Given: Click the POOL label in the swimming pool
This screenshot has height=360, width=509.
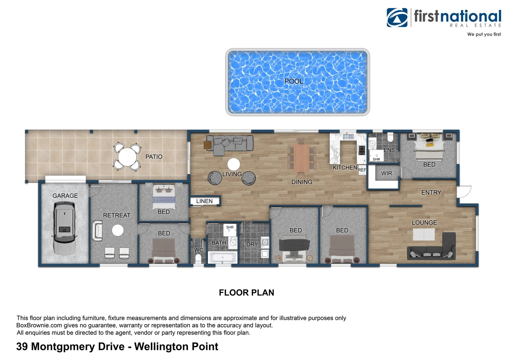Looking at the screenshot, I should [293, 81].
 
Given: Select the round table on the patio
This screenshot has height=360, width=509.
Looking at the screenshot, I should [127, 157].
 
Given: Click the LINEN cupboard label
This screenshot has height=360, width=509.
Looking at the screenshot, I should [204, 201].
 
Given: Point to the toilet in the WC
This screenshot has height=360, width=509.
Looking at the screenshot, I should [198, 259].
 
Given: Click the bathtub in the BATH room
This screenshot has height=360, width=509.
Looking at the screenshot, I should [223, 258].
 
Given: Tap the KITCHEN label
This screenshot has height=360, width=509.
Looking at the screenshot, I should [345, 168].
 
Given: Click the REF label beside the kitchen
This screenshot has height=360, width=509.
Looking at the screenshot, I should [362, 170].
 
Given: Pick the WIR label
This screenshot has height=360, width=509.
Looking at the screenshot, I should [386, 173].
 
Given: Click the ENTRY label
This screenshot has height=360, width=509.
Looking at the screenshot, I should [431, 193].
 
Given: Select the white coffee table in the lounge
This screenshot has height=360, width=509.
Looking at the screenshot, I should [424, 235].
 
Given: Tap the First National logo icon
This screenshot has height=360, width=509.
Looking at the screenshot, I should [397, 18].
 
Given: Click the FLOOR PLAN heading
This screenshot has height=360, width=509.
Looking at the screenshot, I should [247, 293].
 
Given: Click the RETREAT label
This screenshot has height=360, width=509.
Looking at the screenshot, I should [117, 215].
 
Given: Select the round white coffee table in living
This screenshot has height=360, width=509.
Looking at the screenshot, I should [234, 164].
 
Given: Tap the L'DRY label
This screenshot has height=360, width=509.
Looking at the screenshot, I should [250, 244].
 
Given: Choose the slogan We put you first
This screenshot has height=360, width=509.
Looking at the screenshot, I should [484, 34].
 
